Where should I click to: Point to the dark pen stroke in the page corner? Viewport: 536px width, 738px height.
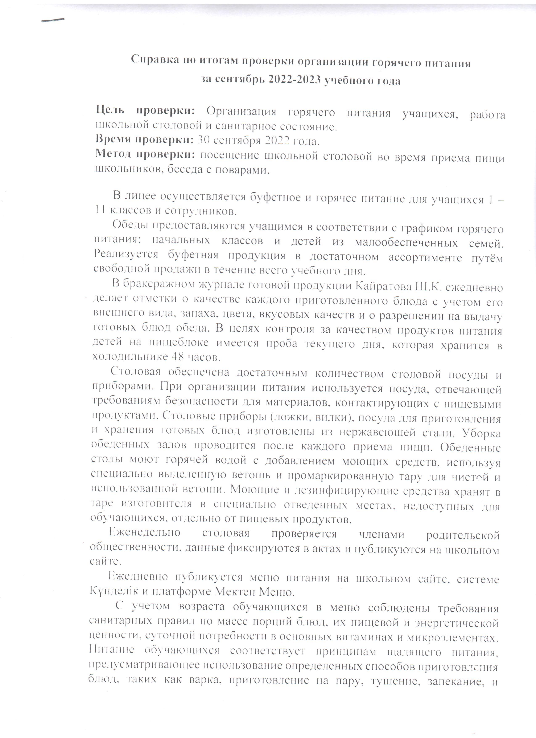coord(53,20)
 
